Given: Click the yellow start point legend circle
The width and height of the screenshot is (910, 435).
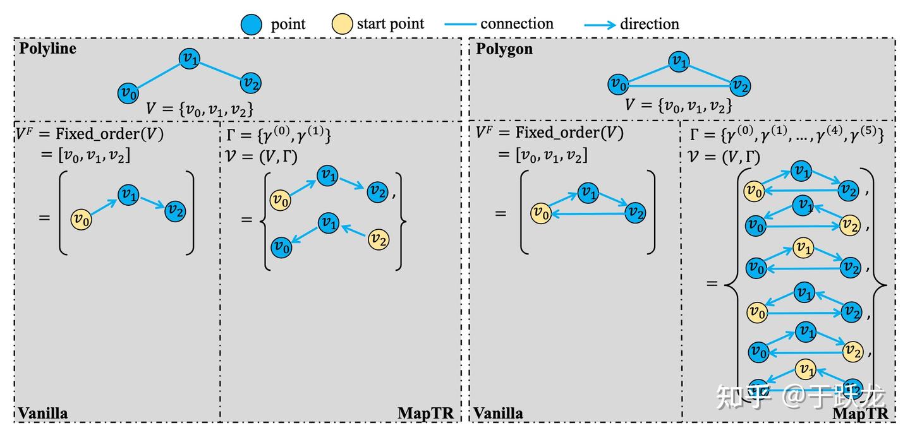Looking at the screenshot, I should pyautogui.click(x=342, y=25).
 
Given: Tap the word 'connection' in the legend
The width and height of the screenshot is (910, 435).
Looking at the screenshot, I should pyautogui.click(x=516, y=24).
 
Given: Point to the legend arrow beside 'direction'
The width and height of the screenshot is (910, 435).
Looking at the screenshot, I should pyautogui.click(x=599, y=25).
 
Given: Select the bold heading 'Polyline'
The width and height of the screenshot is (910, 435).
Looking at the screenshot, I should pyautogui.click(x=47, y=49).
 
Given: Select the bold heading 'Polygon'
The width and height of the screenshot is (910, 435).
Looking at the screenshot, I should pyautogui.click(x=504, y=49).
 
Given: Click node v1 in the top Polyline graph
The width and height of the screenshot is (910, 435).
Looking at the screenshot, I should pyautogui.click(x=189, y=59).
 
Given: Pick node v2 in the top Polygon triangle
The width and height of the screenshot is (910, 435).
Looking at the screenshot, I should pyautogui.click(x=739, y=85).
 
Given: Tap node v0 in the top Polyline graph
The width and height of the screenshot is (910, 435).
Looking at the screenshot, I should pyautogui.click(x=128, y=93).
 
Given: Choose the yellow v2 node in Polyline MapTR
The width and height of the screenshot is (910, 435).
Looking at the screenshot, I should pyautogui.click(x=379, y=239).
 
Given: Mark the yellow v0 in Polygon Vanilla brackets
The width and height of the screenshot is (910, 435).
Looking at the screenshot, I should pyautogui.click(x=541, y=213).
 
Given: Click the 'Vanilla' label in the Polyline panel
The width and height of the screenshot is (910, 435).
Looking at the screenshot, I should pyautogui.click(x=43, y=414).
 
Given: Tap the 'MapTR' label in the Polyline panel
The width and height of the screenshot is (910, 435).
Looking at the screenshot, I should pyautogui.click(x=425, y=414).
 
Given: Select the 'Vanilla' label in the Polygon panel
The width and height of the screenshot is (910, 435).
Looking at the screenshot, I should pyautogui.click(x=499, y=414).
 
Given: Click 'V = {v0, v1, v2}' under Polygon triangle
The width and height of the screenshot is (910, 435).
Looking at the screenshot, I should pyautogui.click(x=679, y=105).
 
